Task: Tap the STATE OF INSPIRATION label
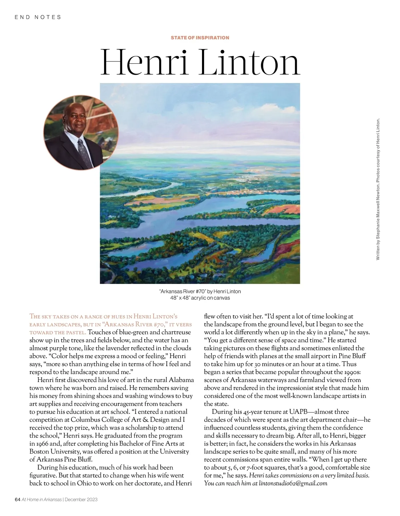point(200,38)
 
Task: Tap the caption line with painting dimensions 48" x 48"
point(200,298)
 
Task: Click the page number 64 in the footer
point(18,499)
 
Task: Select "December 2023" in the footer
point(81,499)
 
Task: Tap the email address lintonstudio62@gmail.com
point(293,483)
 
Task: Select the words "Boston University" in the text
point(53,452)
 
